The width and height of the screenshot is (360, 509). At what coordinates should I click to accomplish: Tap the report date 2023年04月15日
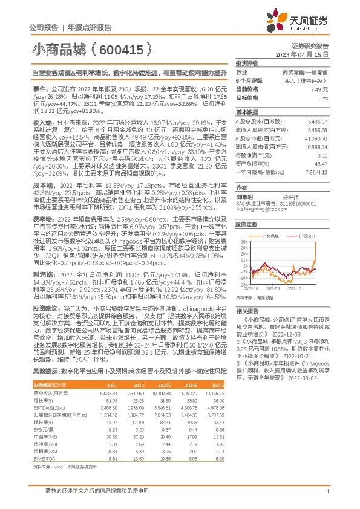tap(303, 54)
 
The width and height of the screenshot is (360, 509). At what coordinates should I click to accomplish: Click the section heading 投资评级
tap(247, 63)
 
